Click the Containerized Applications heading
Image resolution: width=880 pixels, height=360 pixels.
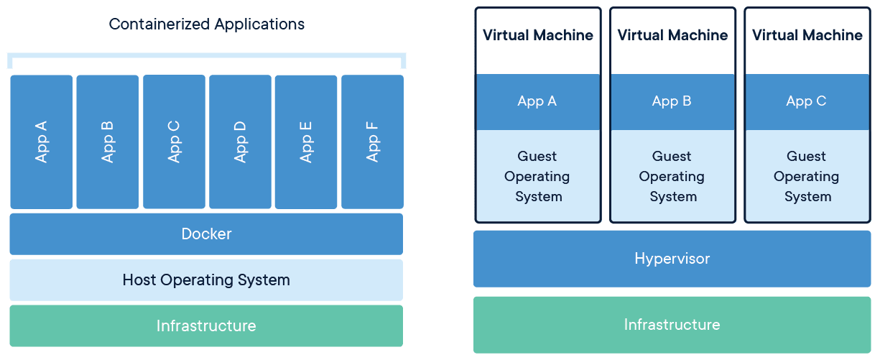pyautogui.click(x=206, y=24)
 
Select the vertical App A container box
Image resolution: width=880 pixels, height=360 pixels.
pyautogui.click(x=41, y=142)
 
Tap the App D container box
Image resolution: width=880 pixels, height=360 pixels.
pyautogui.click(x=240, y=142)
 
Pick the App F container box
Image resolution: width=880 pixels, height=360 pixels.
pyautogui.click(x=372, y=142)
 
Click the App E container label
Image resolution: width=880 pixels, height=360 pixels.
pyautogui.click(x=306, y=142)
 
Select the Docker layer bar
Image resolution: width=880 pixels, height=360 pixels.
pyautogui.click(x=206, y=234)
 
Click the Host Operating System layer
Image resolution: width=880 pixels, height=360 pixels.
pyautogui.click(x=206, y=280)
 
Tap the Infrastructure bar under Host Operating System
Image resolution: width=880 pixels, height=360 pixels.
pyautogui.click(x=206, y=326)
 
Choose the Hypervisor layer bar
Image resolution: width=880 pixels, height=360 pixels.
pyautogui.click(x=672, y=259)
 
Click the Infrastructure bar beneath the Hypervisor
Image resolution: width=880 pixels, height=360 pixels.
pyautogui.click(x=672, y=325)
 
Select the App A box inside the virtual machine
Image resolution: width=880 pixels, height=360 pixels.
pyautogui.click(x=537, y=101)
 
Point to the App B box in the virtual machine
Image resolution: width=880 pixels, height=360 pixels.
pyautogui.click(x=672, y=101)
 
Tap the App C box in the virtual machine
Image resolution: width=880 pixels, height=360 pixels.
pyautogui.click(x=806, y=101)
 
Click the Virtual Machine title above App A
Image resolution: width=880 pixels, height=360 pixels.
pyautogui.click(x=537, y=35)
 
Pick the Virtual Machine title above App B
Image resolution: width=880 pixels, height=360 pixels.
pyautogui.click(x=672, y=35)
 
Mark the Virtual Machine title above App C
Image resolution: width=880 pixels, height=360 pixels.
pyautogui.click(x=806, y=35)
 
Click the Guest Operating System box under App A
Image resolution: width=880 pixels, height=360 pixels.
pyautogui.click(x=537, y=176)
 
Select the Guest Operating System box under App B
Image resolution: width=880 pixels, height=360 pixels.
pyautogui.click(x=672, y=176)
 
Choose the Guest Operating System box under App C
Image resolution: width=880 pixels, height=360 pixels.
pyautogui.click(x=806, y=176)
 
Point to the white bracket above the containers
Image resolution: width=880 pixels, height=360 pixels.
pyautogui.click(x=206, y=55)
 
